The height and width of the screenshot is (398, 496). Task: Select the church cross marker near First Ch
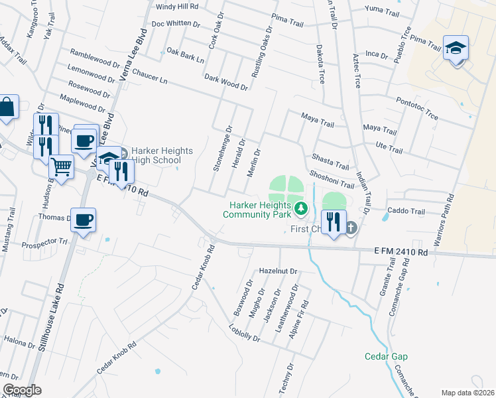click(x=351, y=228)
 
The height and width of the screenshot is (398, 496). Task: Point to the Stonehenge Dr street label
click(x=223, y=149)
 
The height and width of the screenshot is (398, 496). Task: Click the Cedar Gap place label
click(x=386, y=356)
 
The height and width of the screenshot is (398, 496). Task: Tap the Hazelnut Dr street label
click(x=279, y=271)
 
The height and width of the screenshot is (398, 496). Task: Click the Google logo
click(x=22, y=390)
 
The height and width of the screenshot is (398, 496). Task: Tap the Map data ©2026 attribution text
click(x=468, y=393)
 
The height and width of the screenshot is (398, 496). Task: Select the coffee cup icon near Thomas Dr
click(x=83, y=220)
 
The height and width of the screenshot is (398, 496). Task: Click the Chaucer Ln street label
click(x=149, y=76)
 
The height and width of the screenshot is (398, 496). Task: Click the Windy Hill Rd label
click(x=176, y=7)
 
